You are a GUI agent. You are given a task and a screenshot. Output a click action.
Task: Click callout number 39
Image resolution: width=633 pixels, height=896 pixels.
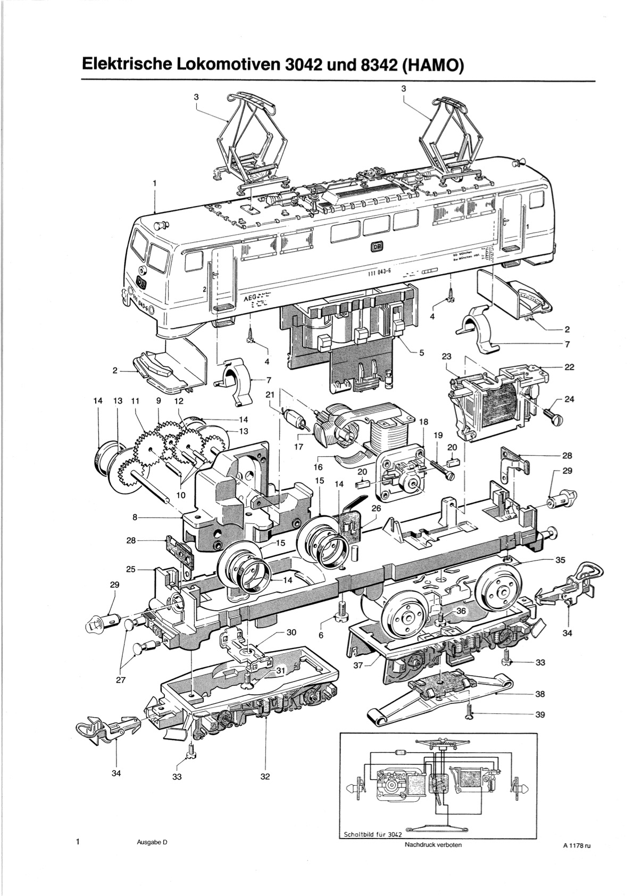pyautogui.click(x=539, y=714)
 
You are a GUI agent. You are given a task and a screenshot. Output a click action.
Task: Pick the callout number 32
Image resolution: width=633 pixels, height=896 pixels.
pyautogui.click(x=265, y=777)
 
